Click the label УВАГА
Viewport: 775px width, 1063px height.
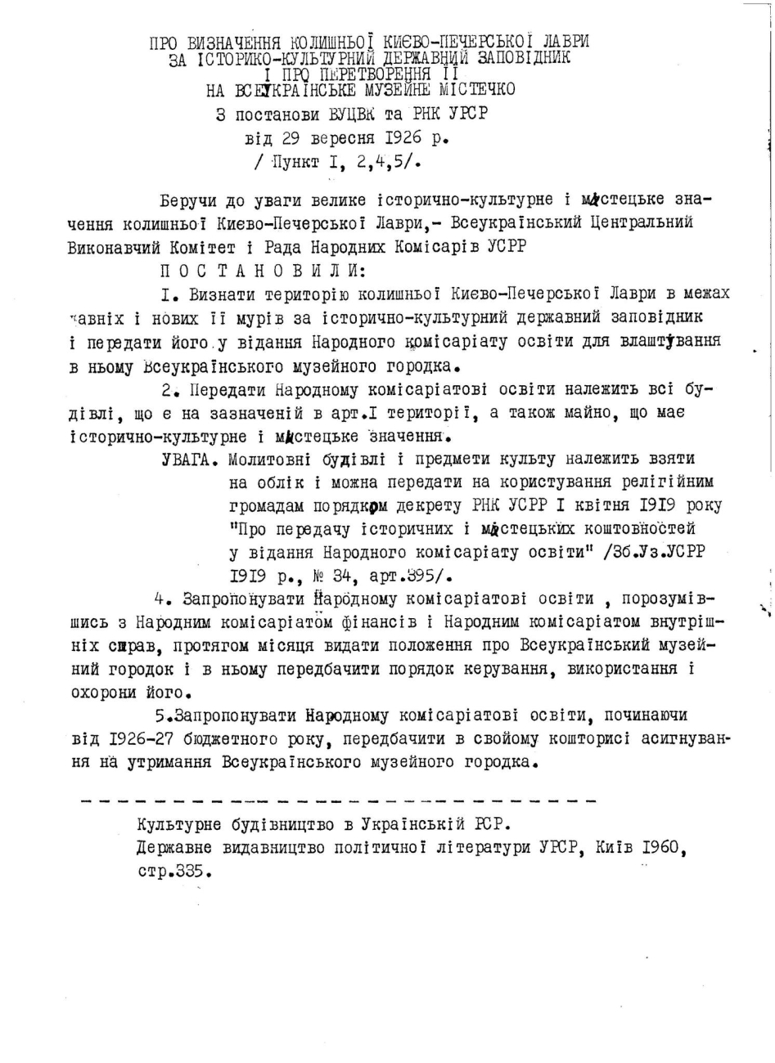point(190,459)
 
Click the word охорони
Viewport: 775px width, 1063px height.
point(103,693)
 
